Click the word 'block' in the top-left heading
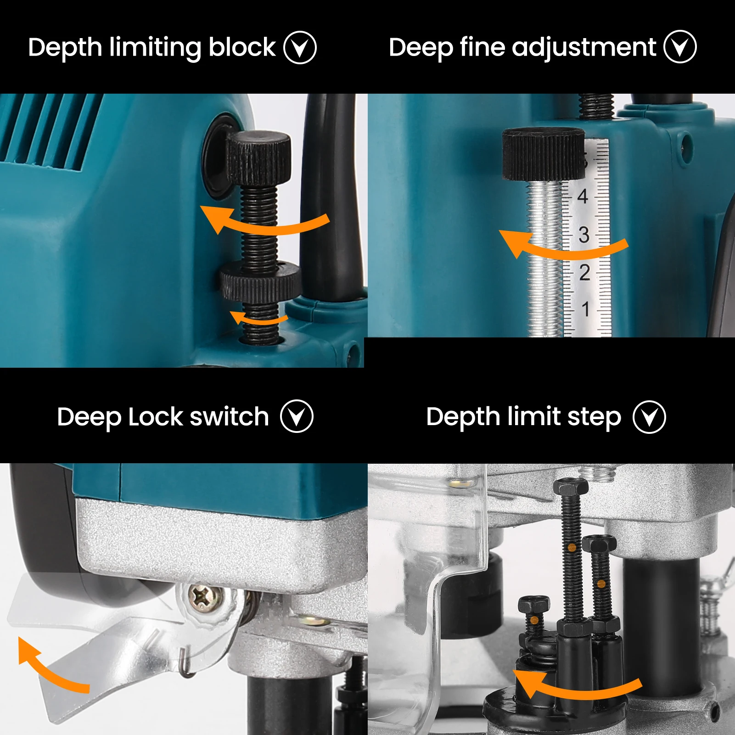(242, 47)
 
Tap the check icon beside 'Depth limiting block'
(300, 47)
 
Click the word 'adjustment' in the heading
(584, 47)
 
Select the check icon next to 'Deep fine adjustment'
(680, 47)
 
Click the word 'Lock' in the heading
(156, 417)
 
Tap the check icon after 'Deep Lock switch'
(297, 416)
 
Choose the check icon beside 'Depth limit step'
(649, 417)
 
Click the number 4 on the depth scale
(583, 196)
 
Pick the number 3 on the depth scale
(584, 235)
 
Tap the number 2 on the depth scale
(584, 273)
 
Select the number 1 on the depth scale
(585, 309)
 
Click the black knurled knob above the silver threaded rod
(543, 154)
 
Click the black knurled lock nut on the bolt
(260, 281)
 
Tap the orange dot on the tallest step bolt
(572, 548)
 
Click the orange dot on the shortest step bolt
(534, 620)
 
